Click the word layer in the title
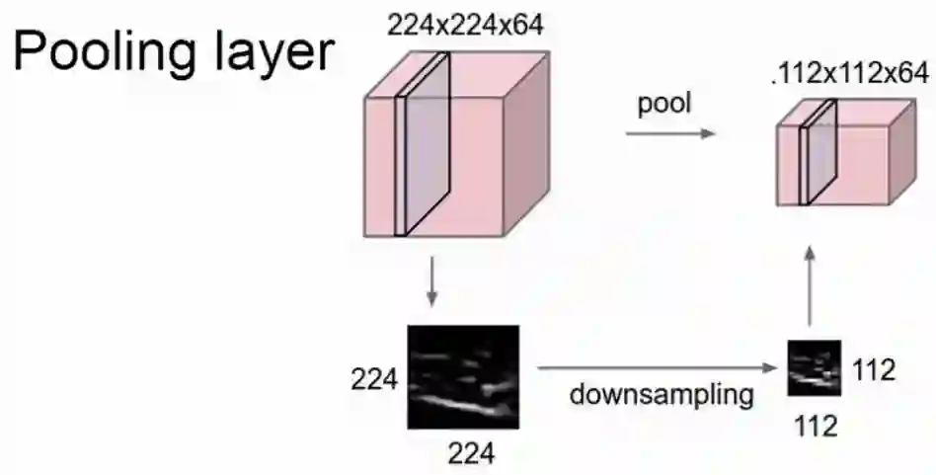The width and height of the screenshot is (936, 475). click(x=271, y=52)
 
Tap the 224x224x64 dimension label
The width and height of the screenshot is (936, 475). click(x=465, y=26)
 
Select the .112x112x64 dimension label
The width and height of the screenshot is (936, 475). click(x=851, y=73)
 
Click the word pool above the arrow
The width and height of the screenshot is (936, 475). click(x=663, y=105)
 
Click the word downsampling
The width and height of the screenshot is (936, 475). click(x=662, y=395)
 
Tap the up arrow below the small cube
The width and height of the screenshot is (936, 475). click(x=809, y=286)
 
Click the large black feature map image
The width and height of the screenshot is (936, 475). click(x=463, y=376)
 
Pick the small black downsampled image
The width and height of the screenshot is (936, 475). click(x=814, y=367)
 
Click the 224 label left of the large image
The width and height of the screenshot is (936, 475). click(x=375, y=378)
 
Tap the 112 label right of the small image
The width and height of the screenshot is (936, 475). click(x=872, y=370)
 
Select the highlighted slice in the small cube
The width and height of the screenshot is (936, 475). click(x=819, y=152)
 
